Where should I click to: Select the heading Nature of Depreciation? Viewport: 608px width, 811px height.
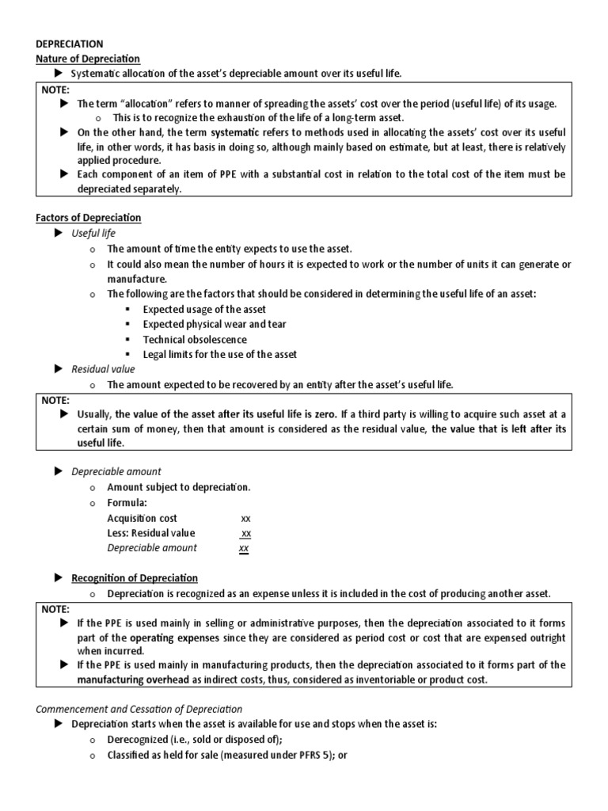point(88,59)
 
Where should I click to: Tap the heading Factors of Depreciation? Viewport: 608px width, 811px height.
point(88,218)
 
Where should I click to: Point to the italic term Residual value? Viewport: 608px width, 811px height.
point(103,369)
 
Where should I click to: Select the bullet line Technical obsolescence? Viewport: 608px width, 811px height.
point(195,339)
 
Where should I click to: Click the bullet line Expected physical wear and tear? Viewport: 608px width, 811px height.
point(215,324)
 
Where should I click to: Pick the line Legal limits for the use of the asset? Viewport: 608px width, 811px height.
point(219,354)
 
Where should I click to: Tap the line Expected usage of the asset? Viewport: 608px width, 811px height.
point(204,309)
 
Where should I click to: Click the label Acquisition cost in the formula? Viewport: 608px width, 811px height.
point(142,518)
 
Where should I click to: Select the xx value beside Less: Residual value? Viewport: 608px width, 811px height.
point(245,534)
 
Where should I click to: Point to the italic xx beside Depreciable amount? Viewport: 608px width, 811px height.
point(245,548)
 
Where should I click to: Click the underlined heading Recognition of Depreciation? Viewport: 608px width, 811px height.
point(135,578)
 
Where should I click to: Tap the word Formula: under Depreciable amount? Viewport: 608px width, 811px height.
point(127,503)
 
